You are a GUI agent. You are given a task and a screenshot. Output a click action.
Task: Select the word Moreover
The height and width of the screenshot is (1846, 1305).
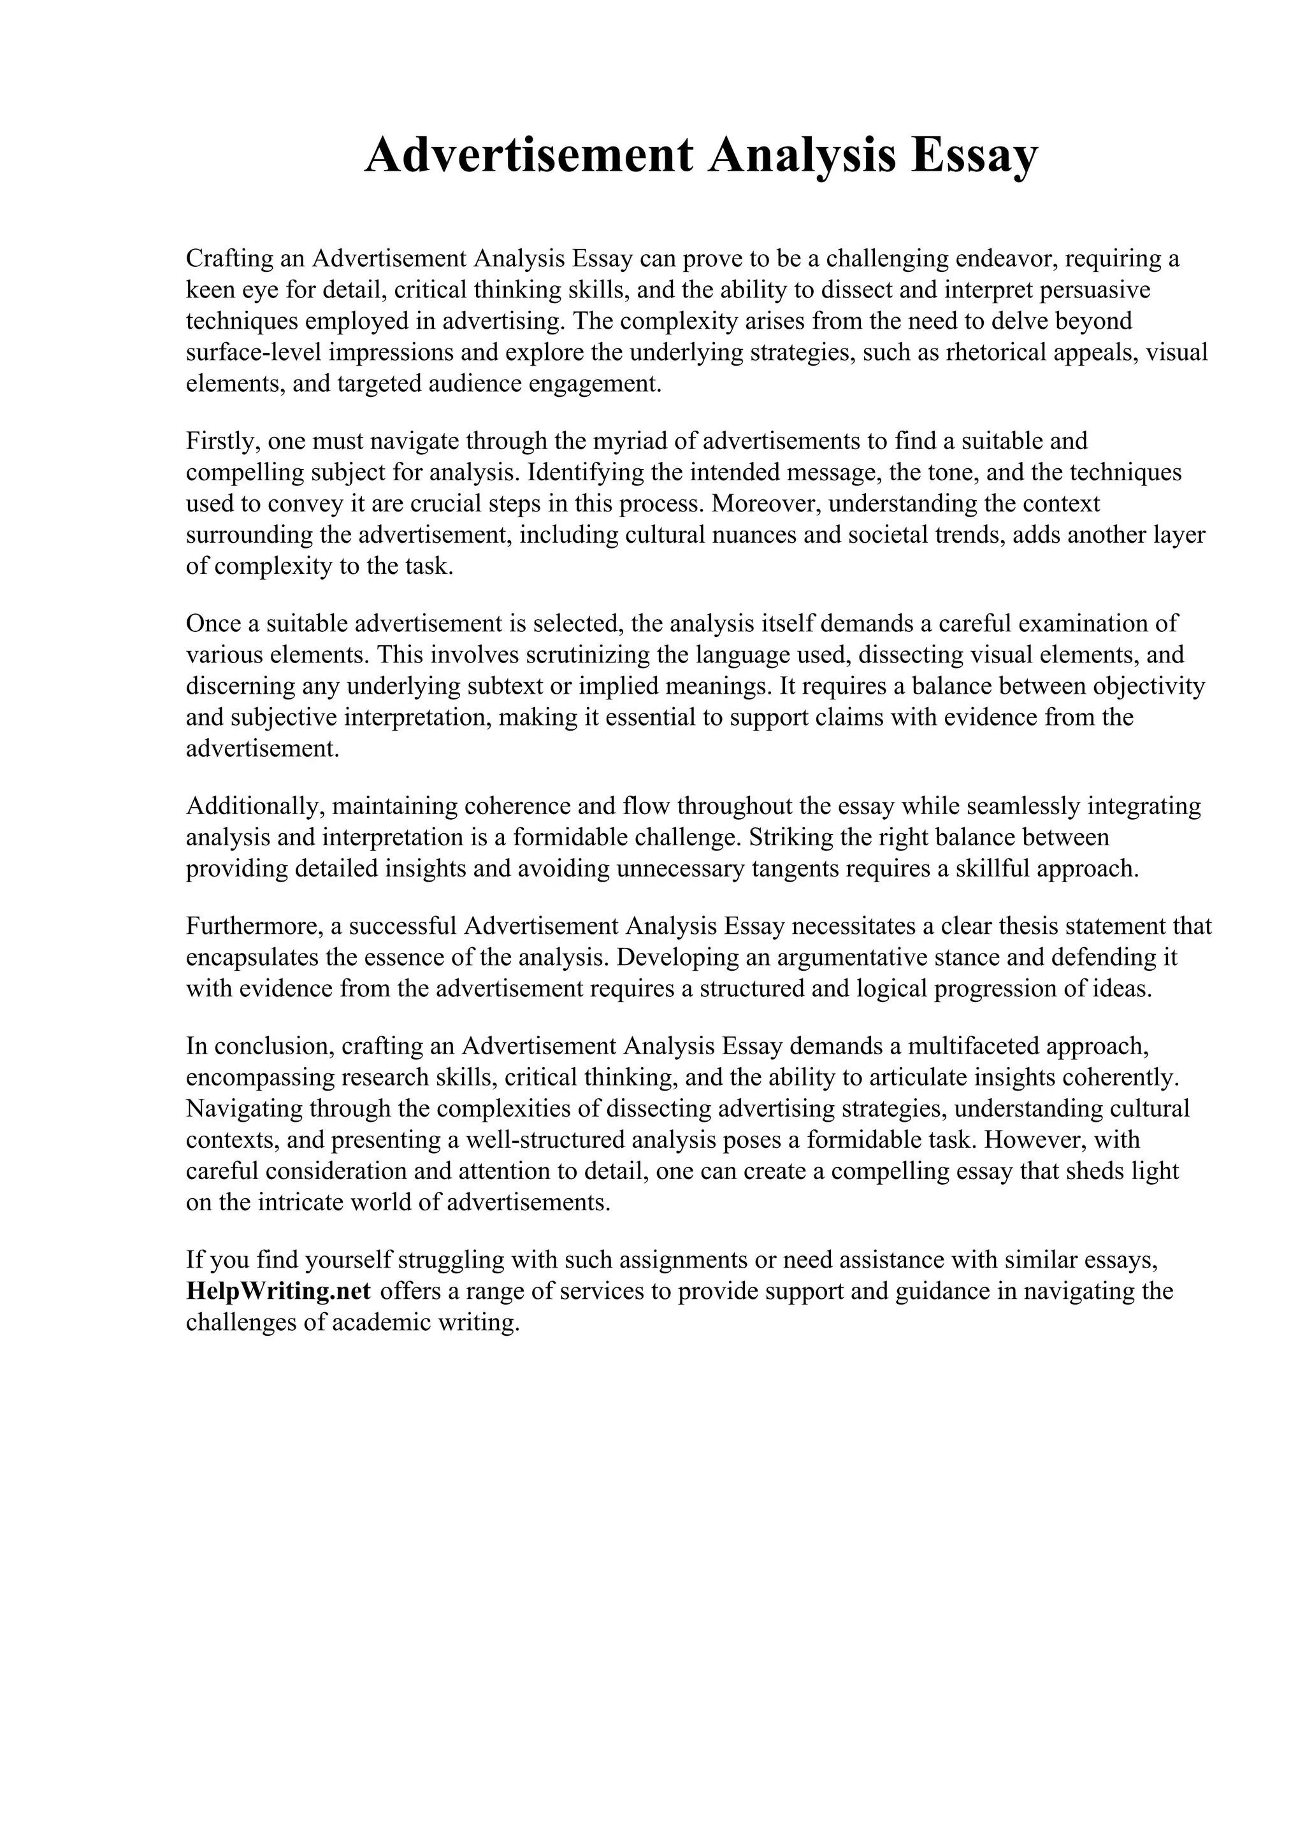click(765, 503)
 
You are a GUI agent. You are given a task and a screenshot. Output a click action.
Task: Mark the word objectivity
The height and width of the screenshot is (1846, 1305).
click(1143, 686)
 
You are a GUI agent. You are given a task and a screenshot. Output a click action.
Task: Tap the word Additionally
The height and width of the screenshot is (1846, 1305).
click(254, 806)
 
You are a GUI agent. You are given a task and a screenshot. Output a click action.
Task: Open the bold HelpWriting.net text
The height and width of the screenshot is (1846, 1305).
click(278, 1291)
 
